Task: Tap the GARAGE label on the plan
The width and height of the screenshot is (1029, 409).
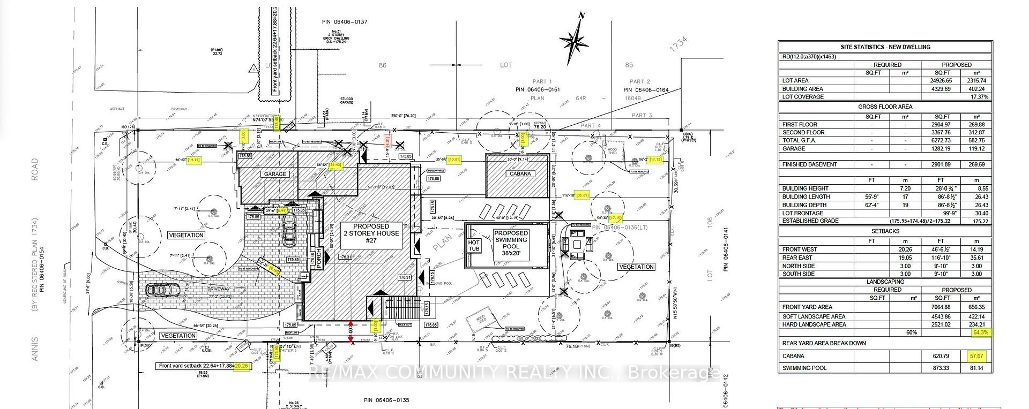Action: tap(275, 174)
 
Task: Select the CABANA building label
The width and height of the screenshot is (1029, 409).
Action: tap(520, 173)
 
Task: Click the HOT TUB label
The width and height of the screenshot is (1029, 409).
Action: tap(474, 246)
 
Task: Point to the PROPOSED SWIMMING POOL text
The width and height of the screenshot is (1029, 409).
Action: tap(511, 244)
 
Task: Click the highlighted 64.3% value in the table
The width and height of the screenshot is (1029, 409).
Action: tap(980, 332)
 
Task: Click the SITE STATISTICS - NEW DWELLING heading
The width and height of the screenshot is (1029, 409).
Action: tap(885, 47)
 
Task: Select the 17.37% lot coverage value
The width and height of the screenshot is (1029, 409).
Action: tap(979, 97)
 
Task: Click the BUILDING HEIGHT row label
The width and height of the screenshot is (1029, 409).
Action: tap(805, 188)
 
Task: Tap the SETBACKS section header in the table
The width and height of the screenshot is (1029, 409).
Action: tap(885, 231)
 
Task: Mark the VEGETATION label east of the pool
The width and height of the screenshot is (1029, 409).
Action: tap(636, 267)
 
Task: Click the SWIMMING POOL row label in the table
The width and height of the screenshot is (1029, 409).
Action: tap(804, 368)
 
